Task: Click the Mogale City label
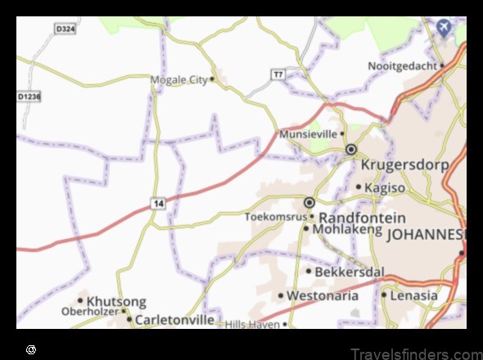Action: [179, 79]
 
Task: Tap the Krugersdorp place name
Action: [404, 165]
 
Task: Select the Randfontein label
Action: [361, 218]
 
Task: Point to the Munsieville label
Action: [308, 133]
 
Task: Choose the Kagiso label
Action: [384, 187]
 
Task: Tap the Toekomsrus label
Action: [275, 217]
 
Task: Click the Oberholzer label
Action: [90, 312]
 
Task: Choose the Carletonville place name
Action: [175, 319]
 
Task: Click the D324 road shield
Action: [65, 29]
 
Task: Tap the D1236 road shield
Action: [29, 97]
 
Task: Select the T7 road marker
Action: [278, 74]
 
